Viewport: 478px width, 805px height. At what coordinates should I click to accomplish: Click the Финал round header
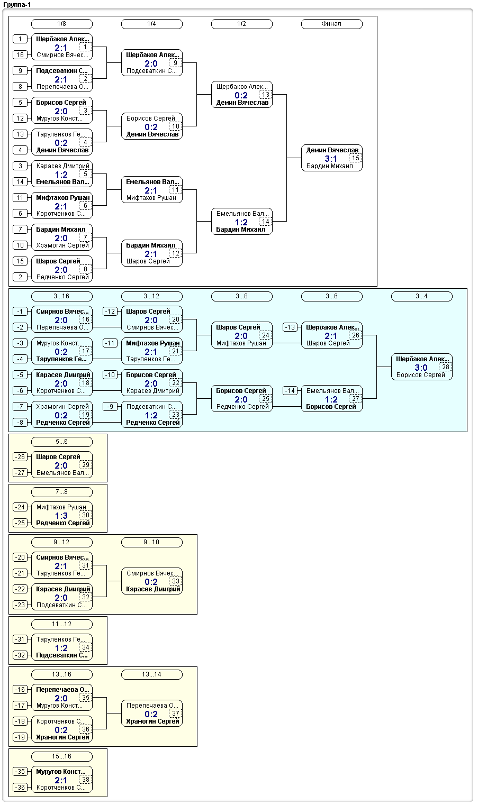(331, 24)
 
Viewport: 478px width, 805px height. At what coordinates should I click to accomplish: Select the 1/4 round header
(152, 24)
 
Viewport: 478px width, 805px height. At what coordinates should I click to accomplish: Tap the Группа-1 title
(17, 5)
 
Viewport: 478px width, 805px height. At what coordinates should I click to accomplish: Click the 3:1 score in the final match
(331, 159)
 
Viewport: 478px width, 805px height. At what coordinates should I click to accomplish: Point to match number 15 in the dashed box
(355, 158)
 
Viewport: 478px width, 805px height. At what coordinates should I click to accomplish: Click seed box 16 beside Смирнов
(20, 55)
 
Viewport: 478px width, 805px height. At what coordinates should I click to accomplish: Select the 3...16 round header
(62, 297)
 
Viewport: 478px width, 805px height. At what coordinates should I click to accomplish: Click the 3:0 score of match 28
(421, 368)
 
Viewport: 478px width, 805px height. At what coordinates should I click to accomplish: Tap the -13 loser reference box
(290, 327)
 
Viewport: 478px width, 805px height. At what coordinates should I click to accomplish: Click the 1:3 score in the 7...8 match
(61, 516)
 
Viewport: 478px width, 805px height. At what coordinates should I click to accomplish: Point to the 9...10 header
(152, 542)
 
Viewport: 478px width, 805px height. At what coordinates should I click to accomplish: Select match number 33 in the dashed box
(176, 581)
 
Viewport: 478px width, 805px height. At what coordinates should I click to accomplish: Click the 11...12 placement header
(62, 624)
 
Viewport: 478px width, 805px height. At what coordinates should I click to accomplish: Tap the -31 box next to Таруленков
(20, 639)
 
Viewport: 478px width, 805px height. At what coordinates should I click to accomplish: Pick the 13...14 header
(152, 674)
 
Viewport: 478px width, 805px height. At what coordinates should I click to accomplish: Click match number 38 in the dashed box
(86, 780)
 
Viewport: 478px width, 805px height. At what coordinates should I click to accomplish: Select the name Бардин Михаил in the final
(329, 166)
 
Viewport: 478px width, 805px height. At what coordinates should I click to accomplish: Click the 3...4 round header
(421, 297)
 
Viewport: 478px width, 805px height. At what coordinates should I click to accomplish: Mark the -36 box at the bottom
(20, 788)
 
